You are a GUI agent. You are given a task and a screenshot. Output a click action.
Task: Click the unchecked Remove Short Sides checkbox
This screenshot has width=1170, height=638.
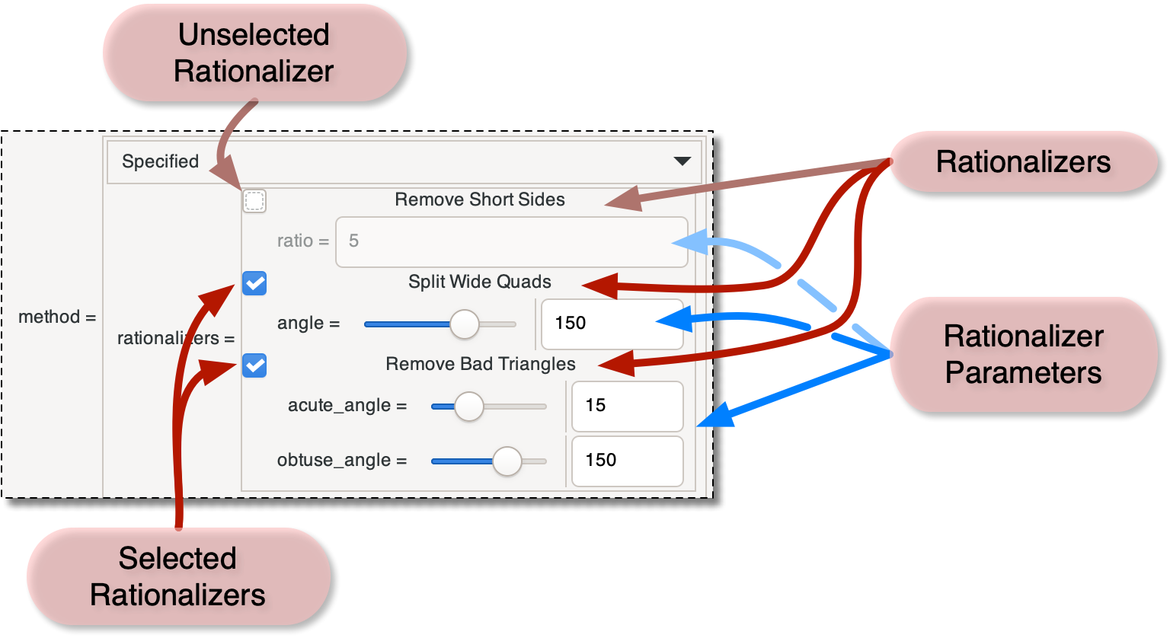[254, 201]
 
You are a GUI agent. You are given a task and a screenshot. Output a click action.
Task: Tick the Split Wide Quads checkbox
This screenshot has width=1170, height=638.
[254, 284]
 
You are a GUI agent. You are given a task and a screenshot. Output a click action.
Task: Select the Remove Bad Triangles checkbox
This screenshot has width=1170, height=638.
[254, 366]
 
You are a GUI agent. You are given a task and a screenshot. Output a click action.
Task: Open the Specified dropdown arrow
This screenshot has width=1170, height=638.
[682, 161]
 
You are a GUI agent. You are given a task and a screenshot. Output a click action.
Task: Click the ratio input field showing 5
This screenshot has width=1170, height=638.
[511, 241]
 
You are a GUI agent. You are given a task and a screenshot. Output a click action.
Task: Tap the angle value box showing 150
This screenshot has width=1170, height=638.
[612, 324]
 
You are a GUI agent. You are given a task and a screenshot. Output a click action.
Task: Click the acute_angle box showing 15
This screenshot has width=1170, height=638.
[627, 406]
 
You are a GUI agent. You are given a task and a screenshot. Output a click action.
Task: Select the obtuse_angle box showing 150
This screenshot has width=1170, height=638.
[627, 461]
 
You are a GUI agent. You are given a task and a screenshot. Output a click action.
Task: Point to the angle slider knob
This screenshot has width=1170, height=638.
[464, 324]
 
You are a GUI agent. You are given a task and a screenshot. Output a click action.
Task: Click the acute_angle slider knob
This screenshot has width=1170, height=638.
[469, 406]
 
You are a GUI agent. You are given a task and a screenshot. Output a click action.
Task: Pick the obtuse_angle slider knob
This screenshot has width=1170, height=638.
[507, 461]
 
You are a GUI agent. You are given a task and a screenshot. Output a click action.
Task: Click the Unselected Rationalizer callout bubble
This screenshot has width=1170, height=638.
[254, 53]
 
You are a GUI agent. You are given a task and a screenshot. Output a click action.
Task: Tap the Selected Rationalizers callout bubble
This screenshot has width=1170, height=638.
[177, 576]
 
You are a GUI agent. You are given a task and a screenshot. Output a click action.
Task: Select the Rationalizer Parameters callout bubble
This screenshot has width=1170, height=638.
[1023, 354]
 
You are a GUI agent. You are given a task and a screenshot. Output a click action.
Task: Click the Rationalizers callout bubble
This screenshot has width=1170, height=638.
[1023, 161]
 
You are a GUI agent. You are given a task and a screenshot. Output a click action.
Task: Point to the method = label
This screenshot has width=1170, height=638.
[57, 317]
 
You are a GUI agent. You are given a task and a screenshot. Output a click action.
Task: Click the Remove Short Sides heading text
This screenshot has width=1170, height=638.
[480, 199]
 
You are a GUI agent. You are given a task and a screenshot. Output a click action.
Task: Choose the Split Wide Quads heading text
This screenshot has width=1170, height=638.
[480, 282]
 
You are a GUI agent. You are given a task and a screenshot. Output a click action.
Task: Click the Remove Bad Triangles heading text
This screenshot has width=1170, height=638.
[481, 364]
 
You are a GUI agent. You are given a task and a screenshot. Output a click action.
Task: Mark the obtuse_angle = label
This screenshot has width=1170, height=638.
[342, 461]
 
